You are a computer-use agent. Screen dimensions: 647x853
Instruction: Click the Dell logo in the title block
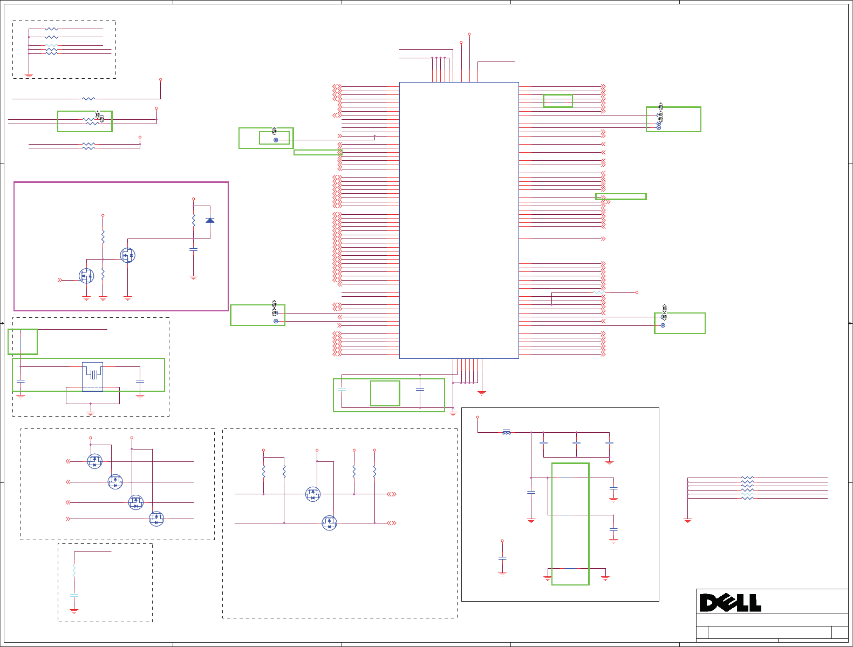730,603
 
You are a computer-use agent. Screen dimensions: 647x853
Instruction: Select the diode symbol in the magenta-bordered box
210,220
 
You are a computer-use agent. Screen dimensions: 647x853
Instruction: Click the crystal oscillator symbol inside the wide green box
93,374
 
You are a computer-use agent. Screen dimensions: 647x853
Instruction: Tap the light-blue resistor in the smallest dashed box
74,571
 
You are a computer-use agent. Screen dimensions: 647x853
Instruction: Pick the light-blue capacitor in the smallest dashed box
74,595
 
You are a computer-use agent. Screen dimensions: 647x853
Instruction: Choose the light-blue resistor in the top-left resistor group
51,45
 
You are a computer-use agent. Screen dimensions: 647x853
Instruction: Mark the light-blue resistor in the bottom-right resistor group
747,494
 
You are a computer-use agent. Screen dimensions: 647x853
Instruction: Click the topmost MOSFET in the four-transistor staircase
94,461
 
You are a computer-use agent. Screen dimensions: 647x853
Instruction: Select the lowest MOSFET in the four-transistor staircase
156,519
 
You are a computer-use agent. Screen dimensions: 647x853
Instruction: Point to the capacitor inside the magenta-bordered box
193,249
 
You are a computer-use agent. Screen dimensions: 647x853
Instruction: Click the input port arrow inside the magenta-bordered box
60,280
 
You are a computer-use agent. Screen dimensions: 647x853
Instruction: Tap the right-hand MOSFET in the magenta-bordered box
127,255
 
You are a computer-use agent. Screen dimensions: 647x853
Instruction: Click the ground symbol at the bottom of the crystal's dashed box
91,413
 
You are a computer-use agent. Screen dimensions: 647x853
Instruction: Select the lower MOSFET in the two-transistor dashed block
329,523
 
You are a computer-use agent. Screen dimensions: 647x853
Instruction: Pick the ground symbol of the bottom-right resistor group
687,521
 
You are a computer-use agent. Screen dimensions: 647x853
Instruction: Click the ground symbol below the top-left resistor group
29,76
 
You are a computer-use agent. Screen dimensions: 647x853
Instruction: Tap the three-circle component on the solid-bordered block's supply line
506,432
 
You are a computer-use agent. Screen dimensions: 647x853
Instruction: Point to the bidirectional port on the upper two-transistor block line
392,494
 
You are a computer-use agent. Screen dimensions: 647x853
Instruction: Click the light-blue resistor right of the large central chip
598,292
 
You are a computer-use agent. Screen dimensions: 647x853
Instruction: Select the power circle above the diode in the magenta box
194,199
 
